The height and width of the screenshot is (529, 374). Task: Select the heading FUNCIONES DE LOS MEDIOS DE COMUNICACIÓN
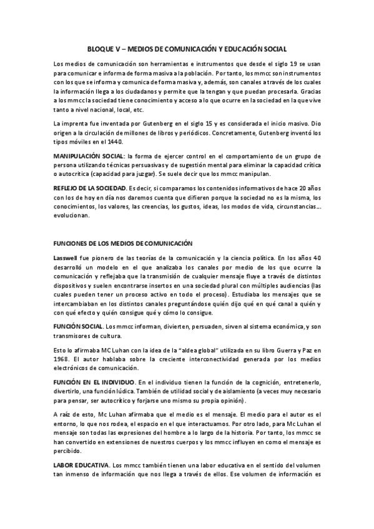pos(124,243)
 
